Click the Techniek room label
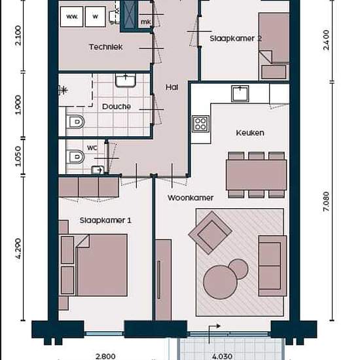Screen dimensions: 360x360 tap(105, 47)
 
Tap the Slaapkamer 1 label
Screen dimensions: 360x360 tap(105, 221)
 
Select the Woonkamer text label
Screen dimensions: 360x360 tap(190, 198)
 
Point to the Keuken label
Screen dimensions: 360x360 tap(250, 133)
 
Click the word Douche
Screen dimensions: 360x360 tap(117, 107)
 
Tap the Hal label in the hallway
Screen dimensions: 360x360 tap(171, 87)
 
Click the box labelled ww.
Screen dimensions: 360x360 tap(71, 16)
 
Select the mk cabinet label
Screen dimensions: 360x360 tap(146, 22)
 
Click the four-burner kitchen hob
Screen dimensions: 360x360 tap(200, 124)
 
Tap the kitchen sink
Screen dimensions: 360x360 tap(240, 93)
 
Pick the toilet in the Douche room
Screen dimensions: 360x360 tap(75, 122)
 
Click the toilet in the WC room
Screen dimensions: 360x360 tap(75, 157)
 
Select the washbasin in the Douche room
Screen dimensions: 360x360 tap(126, 80)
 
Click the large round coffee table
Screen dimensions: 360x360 tap(220, 282)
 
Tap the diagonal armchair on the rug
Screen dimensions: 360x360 tap(210, 233)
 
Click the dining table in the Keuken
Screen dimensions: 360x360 tap(256, 175)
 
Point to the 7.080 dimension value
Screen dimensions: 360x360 tap(326, 202)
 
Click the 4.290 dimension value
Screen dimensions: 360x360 tap(18, 249)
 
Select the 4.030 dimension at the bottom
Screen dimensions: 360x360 tap(222, 356)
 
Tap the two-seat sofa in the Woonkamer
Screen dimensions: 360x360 tap(272, 266)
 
